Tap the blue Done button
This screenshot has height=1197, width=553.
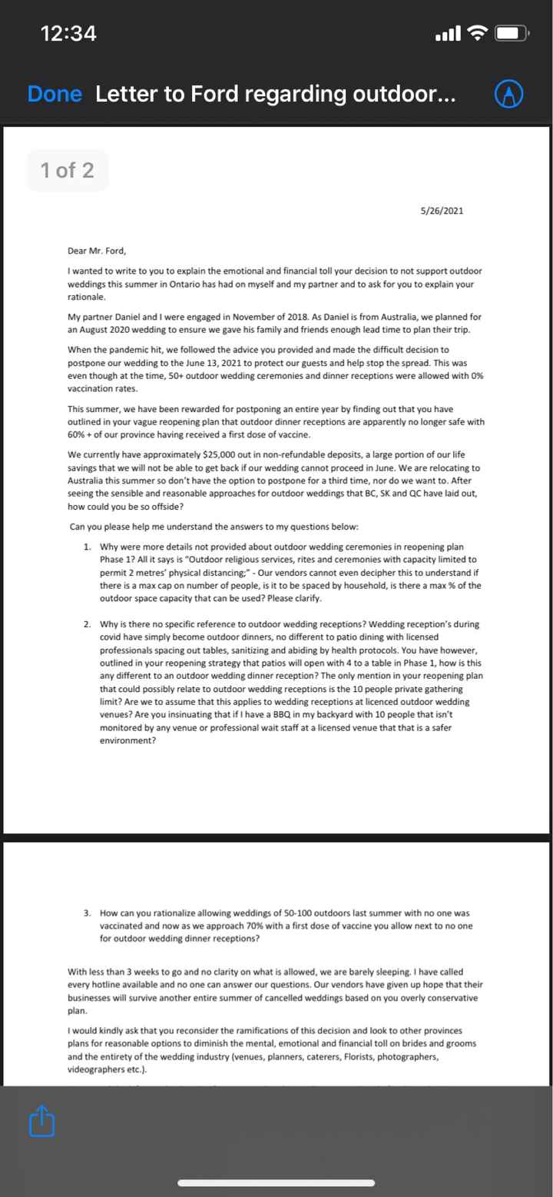[54, 94]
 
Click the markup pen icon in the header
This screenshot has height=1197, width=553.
[508, 94]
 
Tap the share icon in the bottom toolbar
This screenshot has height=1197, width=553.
[42, 1122]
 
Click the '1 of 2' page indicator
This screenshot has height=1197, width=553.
[68, 170]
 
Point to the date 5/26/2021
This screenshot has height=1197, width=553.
[442, 211]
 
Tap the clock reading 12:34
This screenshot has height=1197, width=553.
[68, 34]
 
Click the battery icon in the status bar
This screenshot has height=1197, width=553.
[510, 34]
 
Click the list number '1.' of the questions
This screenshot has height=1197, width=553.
[88, 547]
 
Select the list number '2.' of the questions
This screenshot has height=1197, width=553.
[88, 624]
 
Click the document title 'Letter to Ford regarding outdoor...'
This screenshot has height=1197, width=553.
[275, 94]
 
